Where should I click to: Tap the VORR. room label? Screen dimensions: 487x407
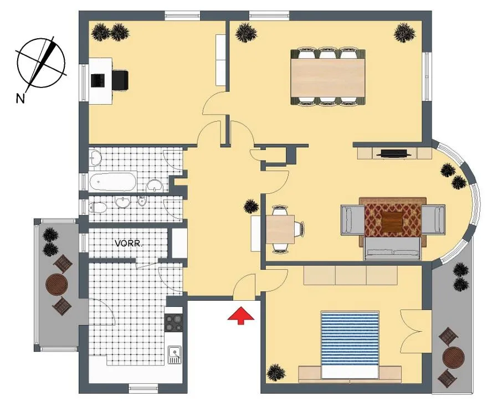129,244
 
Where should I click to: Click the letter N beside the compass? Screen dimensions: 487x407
20,99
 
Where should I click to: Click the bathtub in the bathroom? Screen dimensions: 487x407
112,182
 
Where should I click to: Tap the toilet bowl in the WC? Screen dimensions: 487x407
97,208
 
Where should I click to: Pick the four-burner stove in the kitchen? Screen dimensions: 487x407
173,323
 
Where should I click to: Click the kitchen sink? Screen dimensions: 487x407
175,355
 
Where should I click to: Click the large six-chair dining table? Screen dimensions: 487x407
327,76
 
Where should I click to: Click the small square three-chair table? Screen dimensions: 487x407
280,229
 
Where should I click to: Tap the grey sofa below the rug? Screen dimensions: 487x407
393,249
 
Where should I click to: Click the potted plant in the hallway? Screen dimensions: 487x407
251,207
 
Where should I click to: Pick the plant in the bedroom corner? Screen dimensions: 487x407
276,373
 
